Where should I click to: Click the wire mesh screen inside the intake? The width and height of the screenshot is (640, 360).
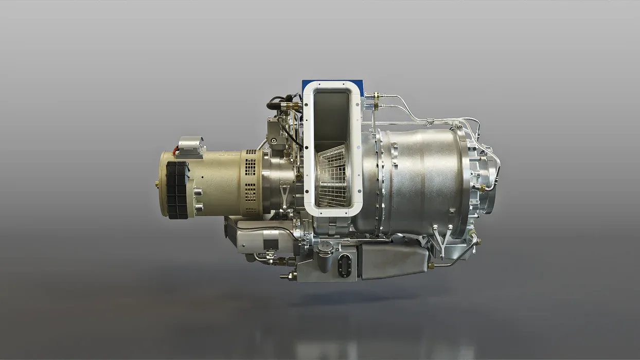pyautogui.click(x=333, y=175)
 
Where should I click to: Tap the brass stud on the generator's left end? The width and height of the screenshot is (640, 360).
pyautogui.click(x=157, y=184)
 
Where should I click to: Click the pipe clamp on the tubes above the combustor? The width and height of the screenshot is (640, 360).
pyautogui.click(x=429, y=122)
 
